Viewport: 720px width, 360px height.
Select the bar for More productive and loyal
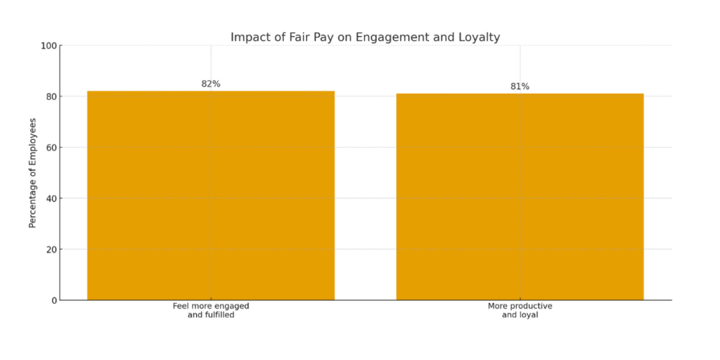[x=520, y=197]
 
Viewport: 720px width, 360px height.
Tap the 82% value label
[x=211, y=84]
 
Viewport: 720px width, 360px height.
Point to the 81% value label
[x=520, y=86]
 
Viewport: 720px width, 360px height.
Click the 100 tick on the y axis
[x=49, y=46]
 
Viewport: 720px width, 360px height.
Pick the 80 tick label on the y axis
[x=51, y=96]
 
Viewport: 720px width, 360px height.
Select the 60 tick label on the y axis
[x=51, y=148]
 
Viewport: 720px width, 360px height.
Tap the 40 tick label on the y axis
[x=51, y=198]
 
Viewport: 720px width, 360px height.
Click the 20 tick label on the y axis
[x=51, y=250]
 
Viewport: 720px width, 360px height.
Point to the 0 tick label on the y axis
[x=53, y=300]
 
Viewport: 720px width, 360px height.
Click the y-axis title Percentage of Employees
[x=32, y=173]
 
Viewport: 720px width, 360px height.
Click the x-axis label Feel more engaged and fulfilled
[x=211, y=311]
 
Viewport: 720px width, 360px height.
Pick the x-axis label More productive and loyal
[x=520, y=311]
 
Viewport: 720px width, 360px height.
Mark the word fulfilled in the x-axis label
[x=219, y=315]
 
